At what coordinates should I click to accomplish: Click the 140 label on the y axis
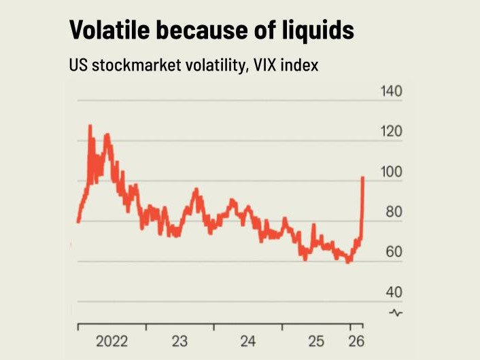(391, 92)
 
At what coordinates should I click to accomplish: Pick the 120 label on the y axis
(391, 132)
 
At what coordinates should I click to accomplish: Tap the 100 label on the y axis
(391, 173)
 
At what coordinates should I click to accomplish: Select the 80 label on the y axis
(394, 213)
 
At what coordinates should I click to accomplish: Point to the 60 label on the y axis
(394, 253)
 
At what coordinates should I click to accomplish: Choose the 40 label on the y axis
(394, 293)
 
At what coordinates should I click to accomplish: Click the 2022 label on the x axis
(111, 341)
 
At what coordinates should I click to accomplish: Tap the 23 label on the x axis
(179, 341)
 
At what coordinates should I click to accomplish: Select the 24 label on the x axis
(248, 341)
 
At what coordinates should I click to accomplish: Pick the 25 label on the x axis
(317, 341)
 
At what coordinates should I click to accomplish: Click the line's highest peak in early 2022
(89, 126)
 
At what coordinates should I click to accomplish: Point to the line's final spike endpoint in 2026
(363, 177)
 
